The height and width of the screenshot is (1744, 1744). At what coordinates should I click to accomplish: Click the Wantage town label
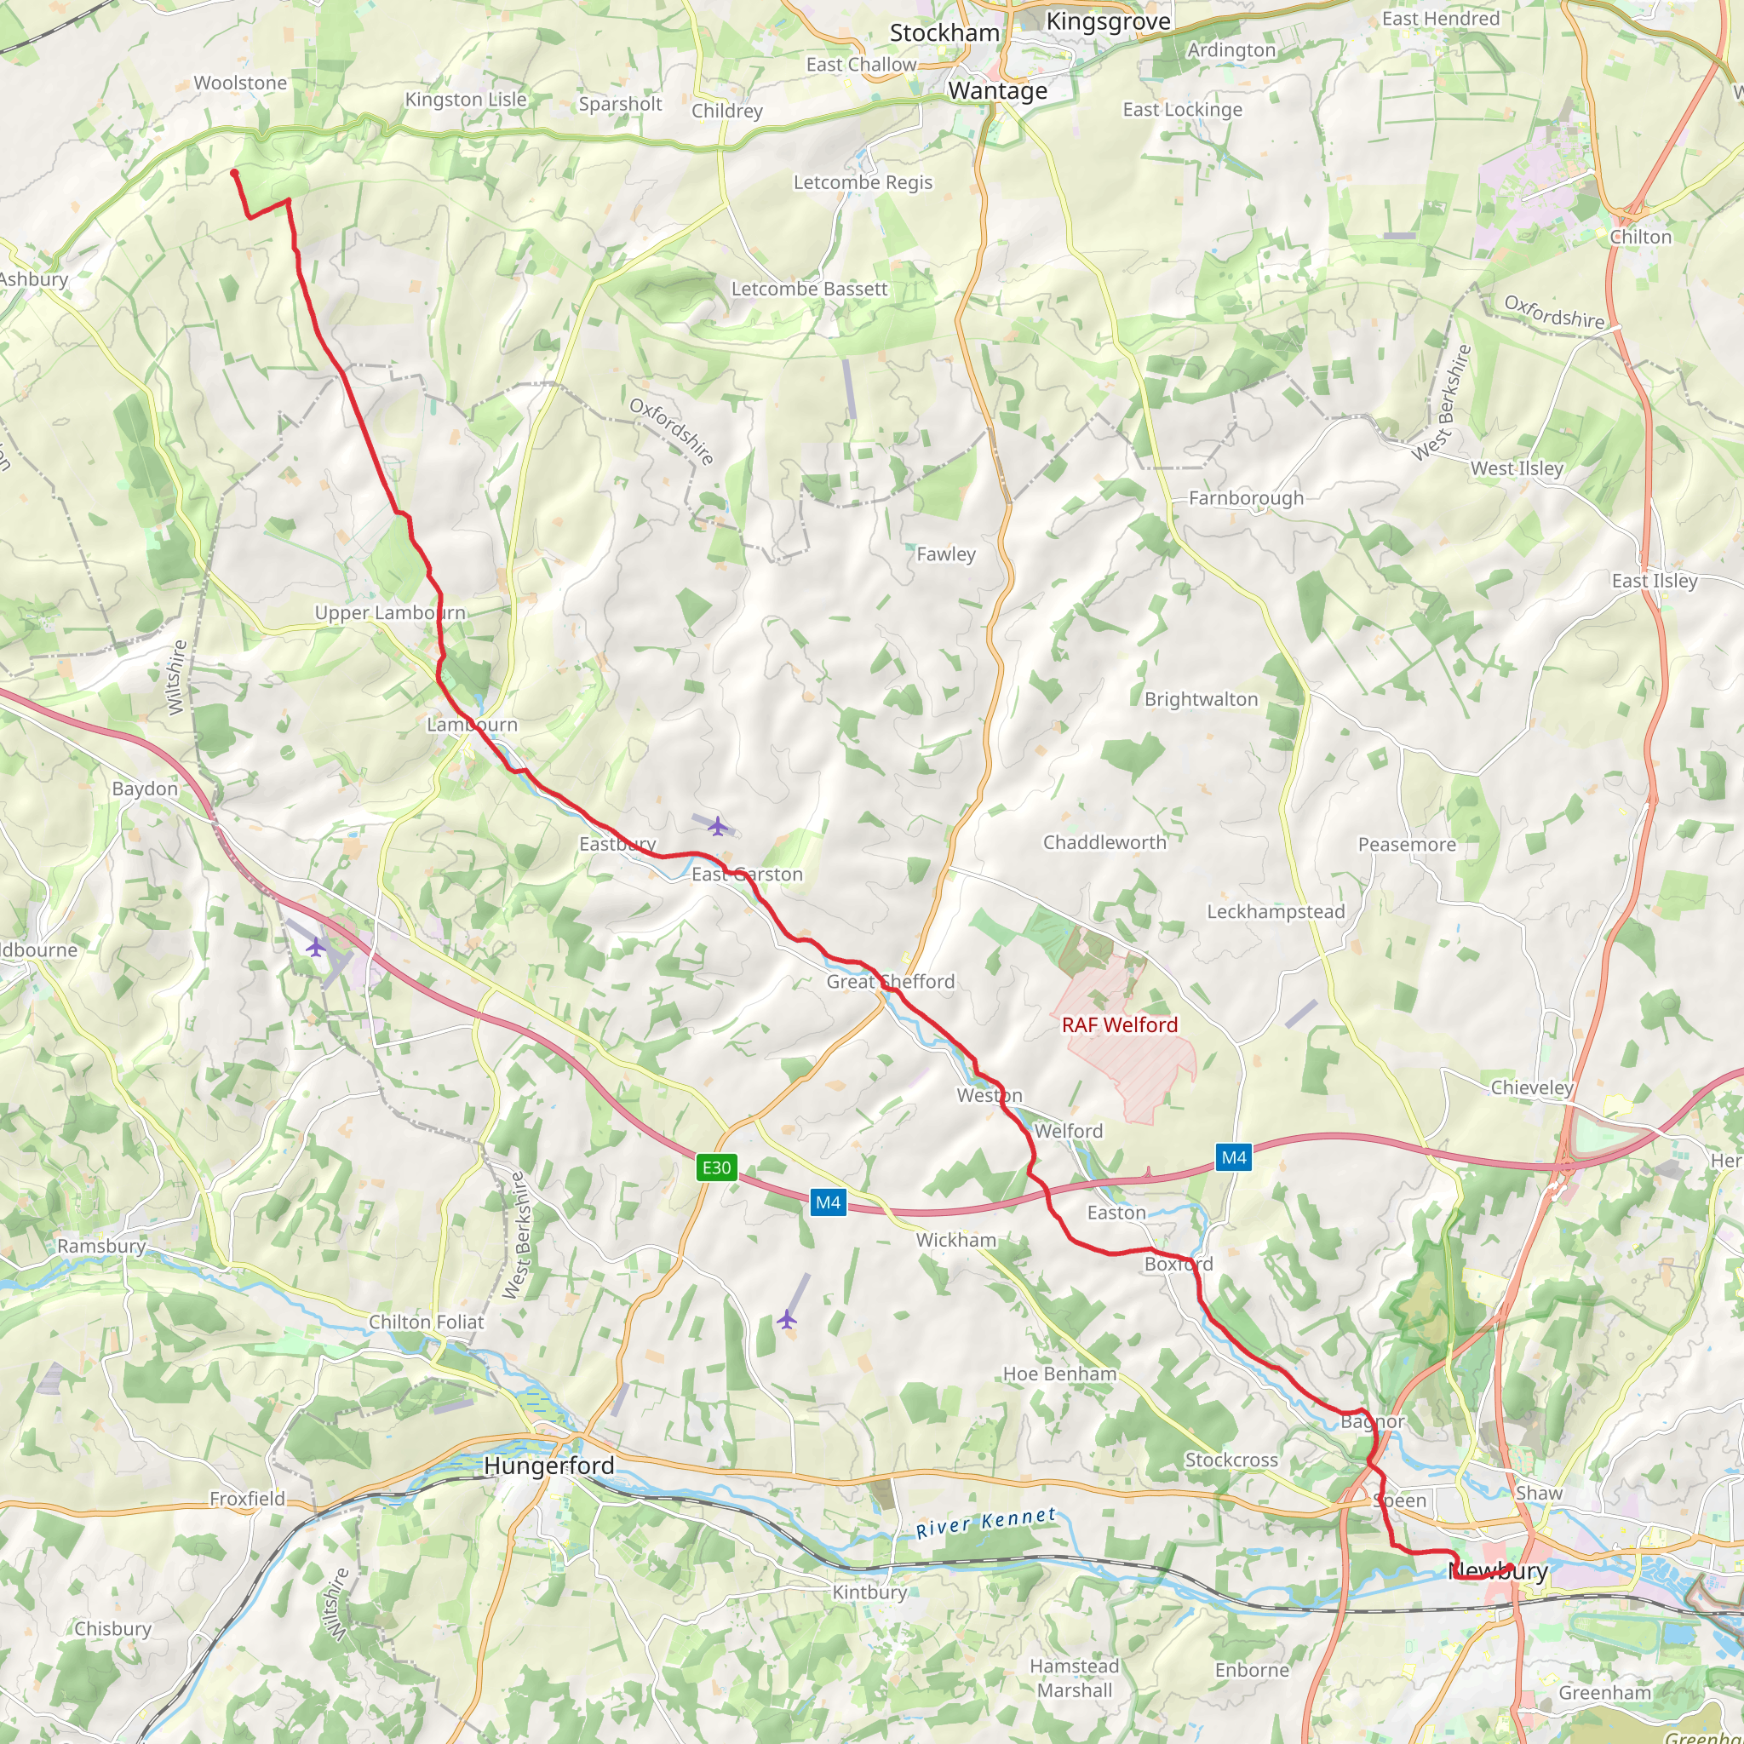point(997,91)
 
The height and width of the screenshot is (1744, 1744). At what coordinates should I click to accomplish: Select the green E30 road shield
point(717,1167)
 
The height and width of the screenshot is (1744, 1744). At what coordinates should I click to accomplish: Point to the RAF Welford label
point(1119,1024)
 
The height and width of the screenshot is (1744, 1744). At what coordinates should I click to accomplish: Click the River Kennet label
point(986,1523)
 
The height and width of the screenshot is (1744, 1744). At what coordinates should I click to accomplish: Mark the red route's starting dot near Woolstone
point(235,172)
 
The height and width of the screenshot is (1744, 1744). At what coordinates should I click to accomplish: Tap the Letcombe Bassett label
point(809,289)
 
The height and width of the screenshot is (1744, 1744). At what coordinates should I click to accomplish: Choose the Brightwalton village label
point(1201,700)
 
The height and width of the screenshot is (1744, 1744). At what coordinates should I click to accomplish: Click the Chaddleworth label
point(1104,842)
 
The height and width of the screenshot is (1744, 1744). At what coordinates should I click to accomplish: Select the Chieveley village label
point(1532,1087)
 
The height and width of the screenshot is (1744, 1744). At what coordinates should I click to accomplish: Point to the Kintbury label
point(869,1592)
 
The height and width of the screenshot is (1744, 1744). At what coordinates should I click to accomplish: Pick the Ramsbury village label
point(101,1246)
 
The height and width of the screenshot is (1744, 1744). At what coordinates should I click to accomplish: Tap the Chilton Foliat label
point(426,1322)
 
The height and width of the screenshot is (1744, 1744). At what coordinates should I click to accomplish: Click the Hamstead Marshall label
point(1074,1678)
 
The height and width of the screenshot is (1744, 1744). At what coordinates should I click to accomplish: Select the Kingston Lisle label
point(465,100)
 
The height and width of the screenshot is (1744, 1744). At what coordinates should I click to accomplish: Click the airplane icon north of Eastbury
point(718,826)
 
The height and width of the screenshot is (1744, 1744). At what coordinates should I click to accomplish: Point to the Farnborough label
point(1246,498)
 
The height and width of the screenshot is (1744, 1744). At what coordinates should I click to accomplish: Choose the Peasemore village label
point(1407,845)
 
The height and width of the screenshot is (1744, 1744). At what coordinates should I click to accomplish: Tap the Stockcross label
point(1231,1460)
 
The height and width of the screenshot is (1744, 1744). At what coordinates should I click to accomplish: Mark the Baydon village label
point(145,789)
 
